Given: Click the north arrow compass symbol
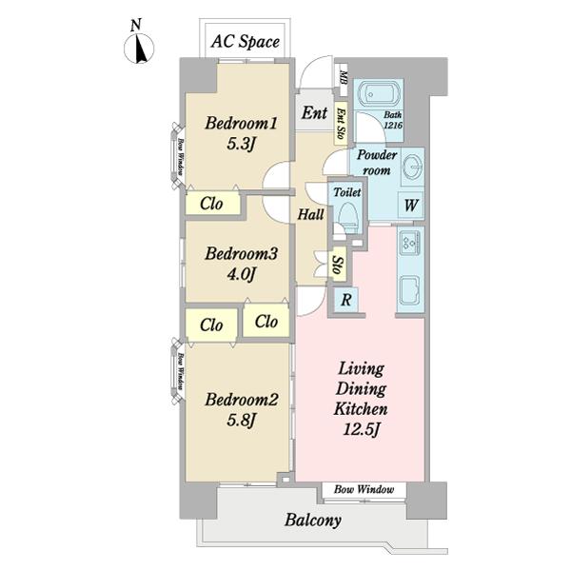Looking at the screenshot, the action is [x=139, y=49].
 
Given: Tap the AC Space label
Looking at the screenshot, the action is [x=246, y=42].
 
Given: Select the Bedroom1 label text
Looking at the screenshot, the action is [x=241, y=123].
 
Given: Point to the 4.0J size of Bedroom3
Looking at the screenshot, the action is [x=241, y=274].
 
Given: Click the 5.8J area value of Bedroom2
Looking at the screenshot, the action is [x=241, y=421].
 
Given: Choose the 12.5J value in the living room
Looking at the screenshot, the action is [x=362, y=430].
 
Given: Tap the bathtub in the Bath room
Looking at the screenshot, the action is [x=376, y=94].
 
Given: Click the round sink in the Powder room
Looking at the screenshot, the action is [x=413, y=166].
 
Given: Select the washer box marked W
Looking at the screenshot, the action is [x=411, y=205].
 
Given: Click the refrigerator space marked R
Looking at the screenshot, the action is [x=346, y=300].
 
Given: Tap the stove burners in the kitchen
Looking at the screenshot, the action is [x=410, y=242].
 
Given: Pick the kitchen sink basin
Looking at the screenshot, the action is [x=410, y=290].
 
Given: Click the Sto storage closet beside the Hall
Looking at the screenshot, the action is [x=337, y=264].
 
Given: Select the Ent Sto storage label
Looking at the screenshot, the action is [x=341, y=123].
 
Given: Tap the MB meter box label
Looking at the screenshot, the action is [x=343, y=78].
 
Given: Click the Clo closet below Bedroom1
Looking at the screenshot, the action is [x=212, y=204].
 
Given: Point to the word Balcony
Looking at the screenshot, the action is [x=313, y=520].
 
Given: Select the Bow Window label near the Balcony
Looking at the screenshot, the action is [x=364, y=489].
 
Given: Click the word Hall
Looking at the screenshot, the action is [x=310, y=214].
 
